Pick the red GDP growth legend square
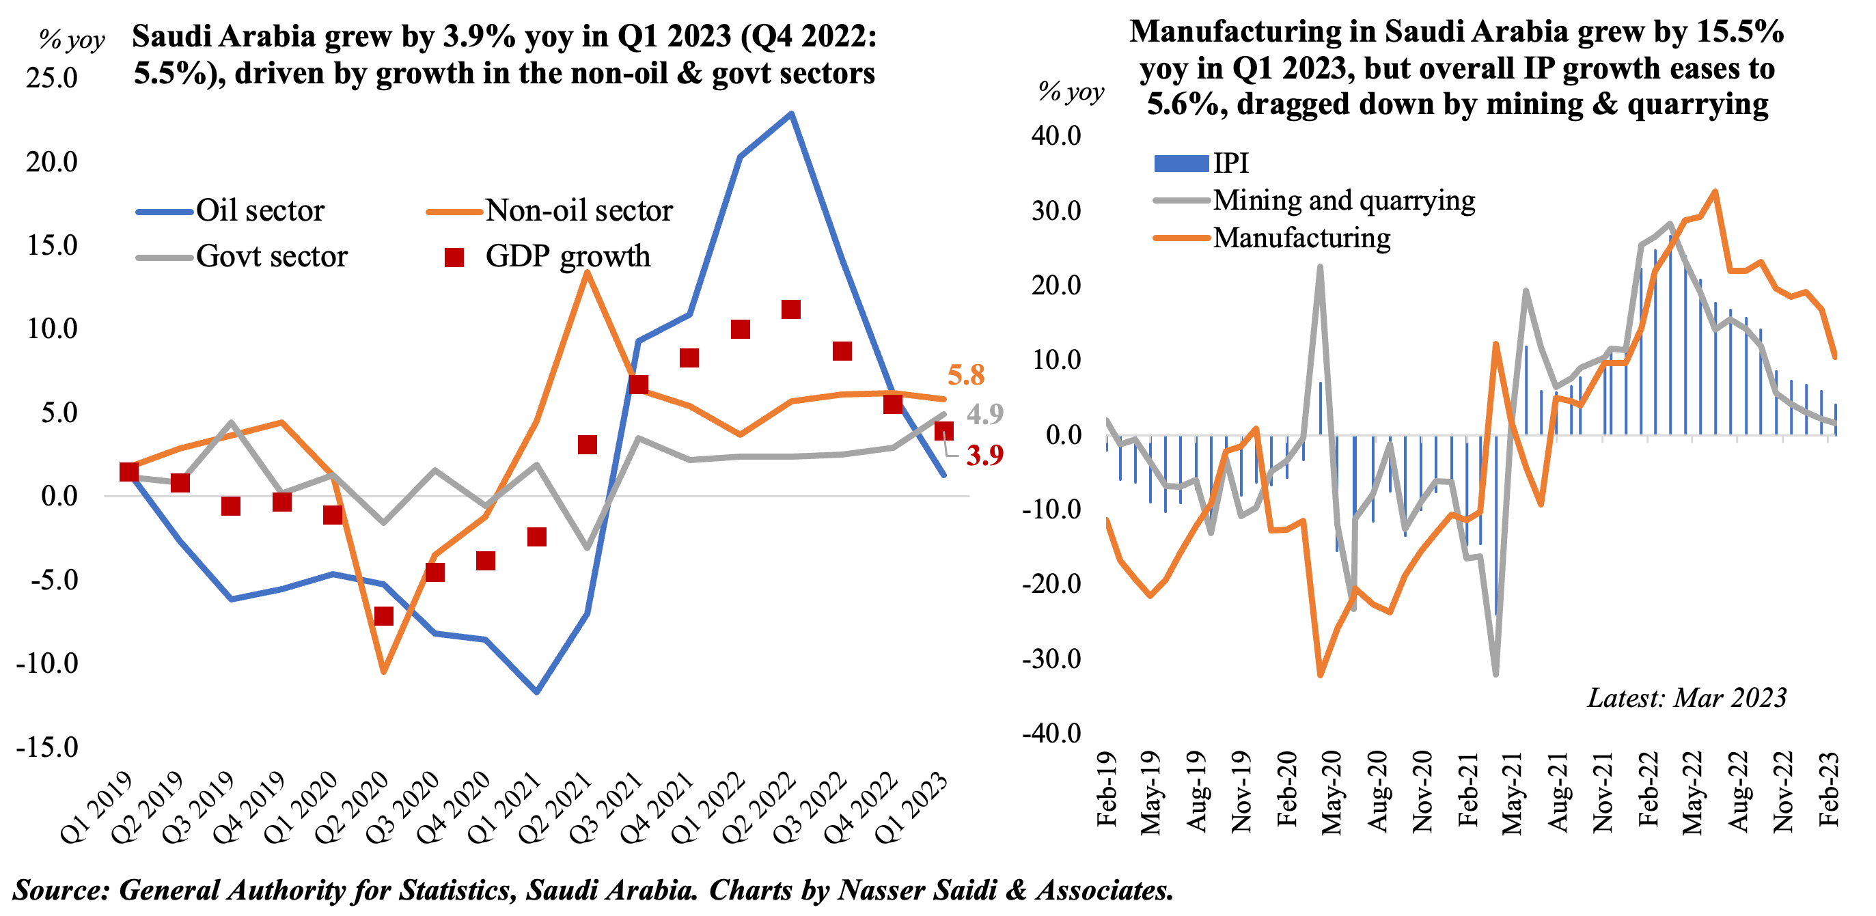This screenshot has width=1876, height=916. click(x=454, y=257)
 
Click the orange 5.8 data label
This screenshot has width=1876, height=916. click(x=966, y=375)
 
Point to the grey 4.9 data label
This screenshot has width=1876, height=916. click(x=984, y=415)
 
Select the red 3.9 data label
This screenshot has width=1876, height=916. click(x=984, y=456)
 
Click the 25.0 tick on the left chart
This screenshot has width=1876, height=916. click(x=52, y=78)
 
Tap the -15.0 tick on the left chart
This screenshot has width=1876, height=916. click(x=47, y=747)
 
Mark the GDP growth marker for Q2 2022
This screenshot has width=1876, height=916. click(x=791, y=309)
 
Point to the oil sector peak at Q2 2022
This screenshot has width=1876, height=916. click(x=792, y=113)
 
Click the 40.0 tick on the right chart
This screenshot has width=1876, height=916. click(x=1056, y=136)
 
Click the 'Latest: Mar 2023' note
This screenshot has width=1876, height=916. click(x=1687, y=697)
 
